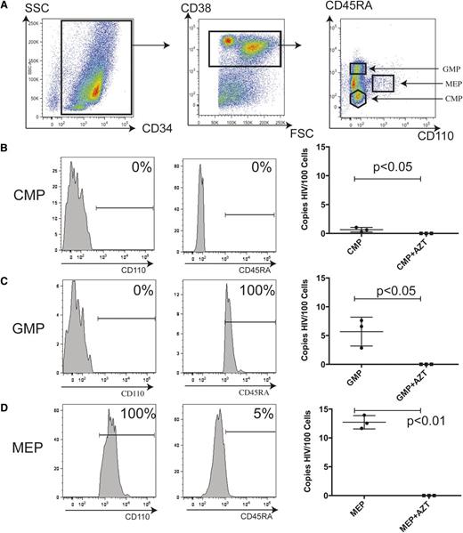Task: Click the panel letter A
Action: click(6, 8)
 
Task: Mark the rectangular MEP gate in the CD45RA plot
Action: click(383, 84)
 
